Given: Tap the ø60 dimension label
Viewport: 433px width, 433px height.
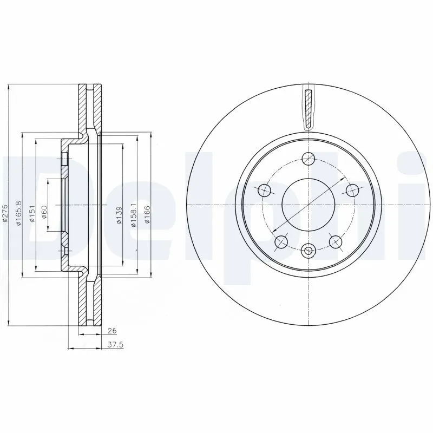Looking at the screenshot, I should [45, 211].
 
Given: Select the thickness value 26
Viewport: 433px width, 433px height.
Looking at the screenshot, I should [112, 330].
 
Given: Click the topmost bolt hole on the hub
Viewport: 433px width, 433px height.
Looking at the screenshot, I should [309, 159].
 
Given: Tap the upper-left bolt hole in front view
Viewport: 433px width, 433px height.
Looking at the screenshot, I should [265, 190].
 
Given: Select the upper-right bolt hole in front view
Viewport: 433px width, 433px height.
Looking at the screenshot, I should [352, 190].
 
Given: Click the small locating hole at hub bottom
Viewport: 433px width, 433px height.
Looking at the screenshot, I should [309, 250].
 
